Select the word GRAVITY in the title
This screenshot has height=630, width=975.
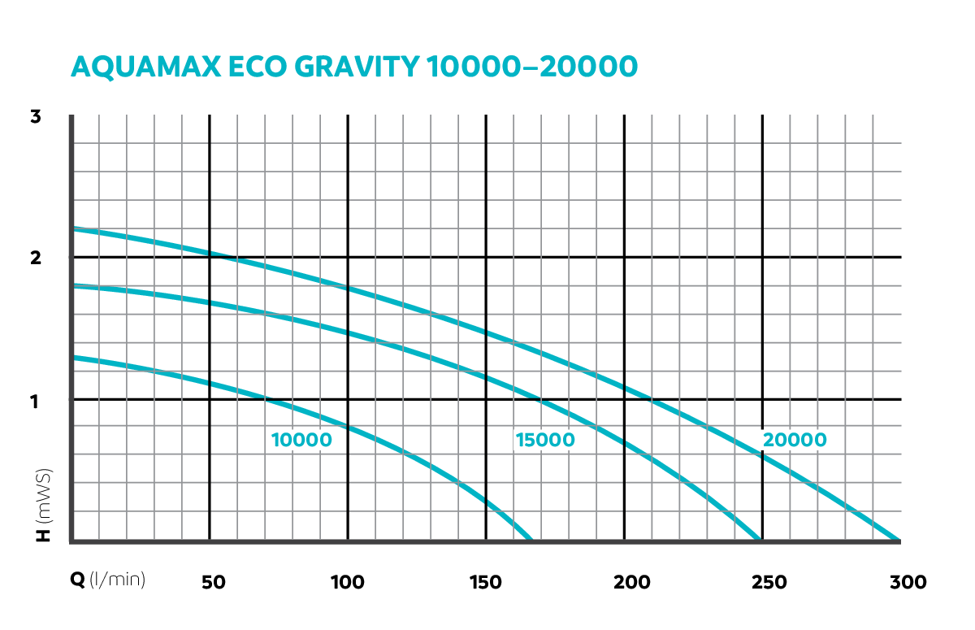[x=362, y=67]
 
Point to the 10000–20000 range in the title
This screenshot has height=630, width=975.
[x=531, y=67]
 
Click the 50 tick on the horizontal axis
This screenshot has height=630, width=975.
[x=212, y=582]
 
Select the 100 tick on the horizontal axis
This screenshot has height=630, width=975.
[x=348, y=582]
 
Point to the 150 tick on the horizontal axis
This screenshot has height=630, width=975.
[x=486, y=582]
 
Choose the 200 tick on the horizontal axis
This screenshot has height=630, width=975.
[x=624, y=582]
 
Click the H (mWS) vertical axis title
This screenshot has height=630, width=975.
[x=44, y=504]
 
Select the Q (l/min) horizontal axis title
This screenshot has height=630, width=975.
[x=107, y=580]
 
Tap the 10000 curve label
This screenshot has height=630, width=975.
[x=301, y=441]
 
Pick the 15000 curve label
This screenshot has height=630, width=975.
[x=544, y=441]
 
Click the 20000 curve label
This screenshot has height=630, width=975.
[x=795, y=441]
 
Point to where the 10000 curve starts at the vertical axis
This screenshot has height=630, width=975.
[x=73, y=357]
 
